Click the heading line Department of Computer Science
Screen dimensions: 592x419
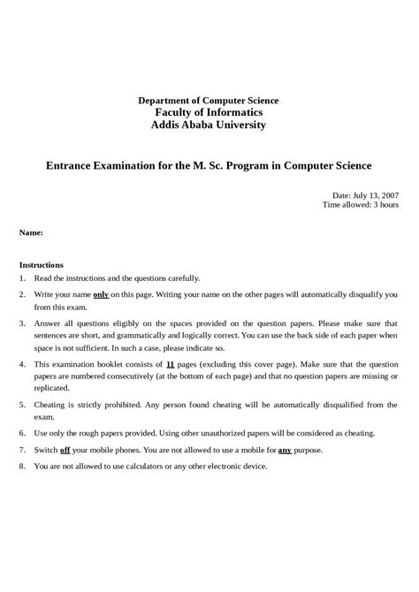(209, 101)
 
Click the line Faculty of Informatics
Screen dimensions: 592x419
(209, 113)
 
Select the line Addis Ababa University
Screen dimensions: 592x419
(209, 125)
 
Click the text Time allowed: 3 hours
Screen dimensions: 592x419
(361, 204)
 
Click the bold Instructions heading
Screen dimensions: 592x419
(42, 264)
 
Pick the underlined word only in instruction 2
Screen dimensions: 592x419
(101, 293)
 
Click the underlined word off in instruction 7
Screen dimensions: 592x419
(65, 450)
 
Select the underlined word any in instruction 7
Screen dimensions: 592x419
(285, 450)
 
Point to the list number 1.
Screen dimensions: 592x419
(22, 277)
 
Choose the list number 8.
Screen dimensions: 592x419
(22, 466)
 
